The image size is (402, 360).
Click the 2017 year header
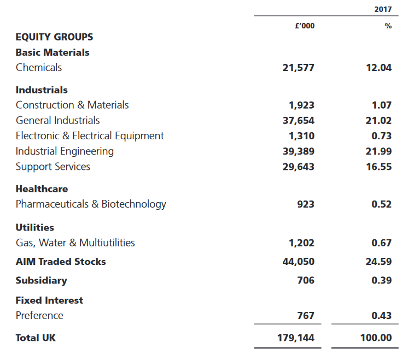pyautogui.click(x=383, y=9)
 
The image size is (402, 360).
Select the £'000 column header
pyautogui.click(x=305, y=26)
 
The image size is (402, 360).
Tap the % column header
pyautogui.click(x=388, y=26)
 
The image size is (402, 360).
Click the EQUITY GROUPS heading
pyautogui.click(x=54, y=37)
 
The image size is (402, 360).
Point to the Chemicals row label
pyautogui.click(x=39, y=68)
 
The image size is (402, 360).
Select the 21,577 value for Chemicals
pyautogui.click(x=299, y=68)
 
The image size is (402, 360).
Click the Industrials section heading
pyautogui.click(x=42, y=90)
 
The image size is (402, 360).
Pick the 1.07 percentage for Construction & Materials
pyautogui.click(x=382, y=105)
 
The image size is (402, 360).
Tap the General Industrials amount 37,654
pyautogui.click(x=299, y=121)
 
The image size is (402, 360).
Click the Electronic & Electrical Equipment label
pyautogui.click(x=90, y=136)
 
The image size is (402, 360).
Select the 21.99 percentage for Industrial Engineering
pyautogui.click(x=378, y=151)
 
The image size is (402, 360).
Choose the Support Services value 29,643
pyautogui.click(x=299, y=167)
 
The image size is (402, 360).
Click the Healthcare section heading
pyautogui.click(x=42, y=189)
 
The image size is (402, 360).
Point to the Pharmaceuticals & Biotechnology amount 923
pyautogui.click(x=306, y=204)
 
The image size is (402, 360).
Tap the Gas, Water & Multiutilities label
pyautogui.click(x=75, y=243)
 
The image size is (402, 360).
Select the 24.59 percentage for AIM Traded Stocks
pyautogui.click(x=378, y=262)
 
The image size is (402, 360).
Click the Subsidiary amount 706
pyautogui.click(x=306, y=280)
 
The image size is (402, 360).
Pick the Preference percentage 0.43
pyautogui.click(x=382, y=315)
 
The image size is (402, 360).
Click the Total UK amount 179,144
pyautogui.click(x=295, y=338)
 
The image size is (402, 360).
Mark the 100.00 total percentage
pyautogui.click(x=376, y=338)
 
